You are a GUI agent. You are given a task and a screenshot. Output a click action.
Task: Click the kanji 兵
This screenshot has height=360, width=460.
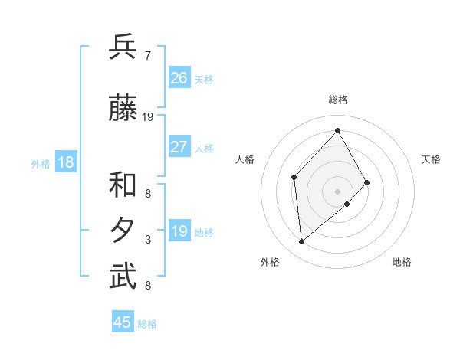click(123, 47)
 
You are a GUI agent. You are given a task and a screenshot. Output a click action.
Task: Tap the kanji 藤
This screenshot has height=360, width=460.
click(123, 109)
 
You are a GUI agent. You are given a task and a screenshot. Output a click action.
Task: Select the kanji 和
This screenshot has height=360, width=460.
click(123, 185)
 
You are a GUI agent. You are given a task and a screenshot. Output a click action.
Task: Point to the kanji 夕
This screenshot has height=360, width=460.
click(123, 231)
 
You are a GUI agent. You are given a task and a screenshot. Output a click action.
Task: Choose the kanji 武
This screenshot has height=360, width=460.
click(123, 277)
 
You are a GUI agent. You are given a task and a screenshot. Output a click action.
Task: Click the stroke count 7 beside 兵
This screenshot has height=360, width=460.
click(148, 56)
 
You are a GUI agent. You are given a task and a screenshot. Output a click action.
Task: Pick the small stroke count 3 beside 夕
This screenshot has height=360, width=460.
click(148, 240)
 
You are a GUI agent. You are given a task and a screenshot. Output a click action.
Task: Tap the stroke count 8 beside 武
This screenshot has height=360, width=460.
click(148, 286)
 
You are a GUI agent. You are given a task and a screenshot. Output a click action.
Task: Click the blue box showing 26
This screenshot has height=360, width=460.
click(179, 78)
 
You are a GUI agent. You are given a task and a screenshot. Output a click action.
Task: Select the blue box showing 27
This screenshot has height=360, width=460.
click(179, 147)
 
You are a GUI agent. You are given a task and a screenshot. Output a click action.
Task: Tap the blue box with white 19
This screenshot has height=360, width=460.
click(179, 231)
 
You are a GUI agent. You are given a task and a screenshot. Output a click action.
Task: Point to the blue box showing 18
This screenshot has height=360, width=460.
click(65, 162)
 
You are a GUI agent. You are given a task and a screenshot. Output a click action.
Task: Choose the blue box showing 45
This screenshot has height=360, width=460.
click(123, 322)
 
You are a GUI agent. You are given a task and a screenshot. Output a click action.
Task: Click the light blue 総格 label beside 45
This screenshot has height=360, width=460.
click(147, 324)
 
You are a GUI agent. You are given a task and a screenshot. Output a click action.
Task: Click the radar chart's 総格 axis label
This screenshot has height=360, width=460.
click(337, 100)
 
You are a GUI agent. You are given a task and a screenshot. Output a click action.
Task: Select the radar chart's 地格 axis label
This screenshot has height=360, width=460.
click(402, 263)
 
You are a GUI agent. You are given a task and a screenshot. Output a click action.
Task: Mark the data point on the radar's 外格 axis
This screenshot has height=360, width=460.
click(302, 242)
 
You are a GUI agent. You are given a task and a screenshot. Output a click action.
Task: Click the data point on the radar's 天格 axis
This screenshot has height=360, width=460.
click(367, 182)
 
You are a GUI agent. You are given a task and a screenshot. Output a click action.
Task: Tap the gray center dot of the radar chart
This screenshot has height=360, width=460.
click(337, 191)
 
